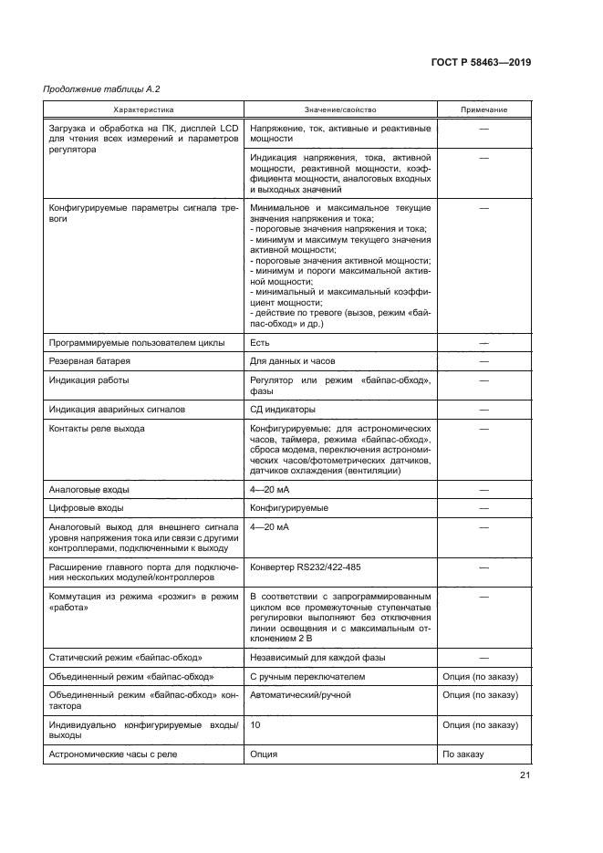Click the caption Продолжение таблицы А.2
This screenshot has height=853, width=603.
click(x=95, y=89)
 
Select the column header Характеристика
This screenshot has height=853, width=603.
click(x=143, y=110)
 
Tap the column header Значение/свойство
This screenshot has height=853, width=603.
click(x=339, y=110)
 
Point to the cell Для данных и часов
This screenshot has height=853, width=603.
click(x=293, y=361)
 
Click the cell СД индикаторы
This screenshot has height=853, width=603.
click(x=282, y=410)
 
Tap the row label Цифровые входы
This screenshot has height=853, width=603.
click(x=86, y=507)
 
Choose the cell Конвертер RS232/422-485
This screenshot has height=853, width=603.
click(x=305, y=567)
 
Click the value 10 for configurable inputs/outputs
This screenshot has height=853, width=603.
click(x=255, y=724)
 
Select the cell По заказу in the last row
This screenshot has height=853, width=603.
click(x=463, y=754)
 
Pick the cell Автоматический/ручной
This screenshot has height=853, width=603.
click(x=299, y=694)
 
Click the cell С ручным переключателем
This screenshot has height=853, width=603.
click(x=307, y=677)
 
